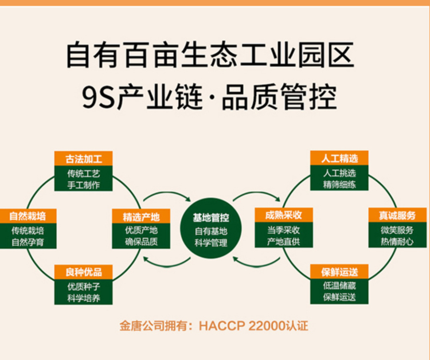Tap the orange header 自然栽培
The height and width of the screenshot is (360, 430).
28,216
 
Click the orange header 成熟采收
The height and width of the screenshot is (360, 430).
283,216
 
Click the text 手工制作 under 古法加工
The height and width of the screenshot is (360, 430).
83,185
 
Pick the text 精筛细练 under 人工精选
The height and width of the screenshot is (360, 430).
339,185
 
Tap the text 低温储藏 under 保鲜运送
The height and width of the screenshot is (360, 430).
339,285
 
